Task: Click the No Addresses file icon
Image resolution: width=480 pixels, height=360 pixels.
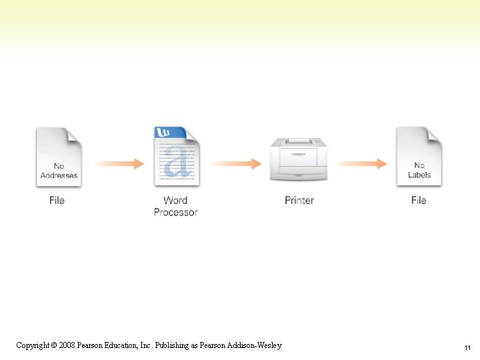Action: [59, 157]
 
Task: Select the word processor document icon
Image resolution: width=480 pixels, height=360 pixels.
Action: [177, 158]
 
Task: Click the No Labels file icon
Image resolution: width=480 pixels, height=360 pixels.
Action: [419, 157]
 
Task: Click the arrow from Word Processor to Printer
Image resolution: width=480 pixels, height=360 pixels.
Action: [236, 163]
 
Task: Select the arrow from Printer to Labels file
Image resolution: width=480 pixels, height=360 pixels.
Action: [361, 163]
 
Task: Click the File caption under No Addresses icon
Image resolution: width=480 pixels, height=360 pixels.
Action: [57, 200]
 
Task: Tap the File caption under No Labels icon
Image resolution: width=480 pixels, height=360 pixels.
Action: [419, 200]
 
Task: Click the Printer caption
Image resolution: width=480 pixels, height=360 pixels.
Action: [299, 200]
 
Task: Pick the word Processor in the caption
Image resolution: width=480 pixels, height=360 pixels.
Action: [176, 212]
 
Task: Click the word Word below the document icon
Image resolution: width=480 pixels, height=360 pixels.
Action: [175, 200]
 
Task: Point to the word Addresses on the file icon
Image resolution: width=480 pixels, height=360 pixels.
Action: [59, 175]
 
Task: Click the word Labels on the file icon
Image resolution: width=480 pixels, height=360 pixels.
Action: [419, 175]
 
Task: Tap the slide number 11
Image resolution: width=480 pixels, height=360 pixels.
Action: [467, 348]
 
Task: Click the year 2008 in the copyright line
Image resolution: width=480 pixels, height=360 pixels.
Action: [66, 345]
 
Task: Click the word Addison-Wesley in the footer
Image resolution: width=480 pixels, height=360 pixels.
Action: [256, 345]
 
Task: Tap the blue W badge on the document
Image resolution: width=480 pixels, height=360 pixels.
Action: [162, 133]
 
